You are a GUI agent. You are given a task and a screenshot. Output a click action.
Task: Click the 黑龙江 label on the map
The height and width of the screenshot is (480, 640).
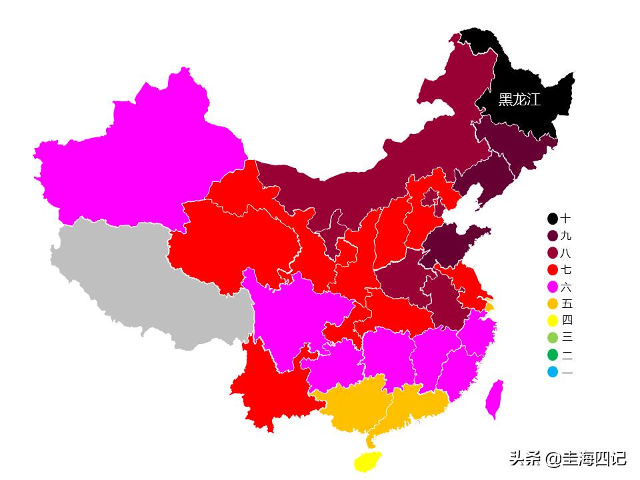(x=519, y=100)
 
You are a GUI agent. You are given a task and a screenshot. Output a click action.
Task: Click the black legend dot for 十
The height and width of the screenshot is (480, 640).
(x=553, y=219)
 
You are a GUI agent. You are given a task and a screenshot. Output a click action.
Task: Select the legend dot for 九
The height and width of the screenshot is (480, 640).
(x=553, y=236)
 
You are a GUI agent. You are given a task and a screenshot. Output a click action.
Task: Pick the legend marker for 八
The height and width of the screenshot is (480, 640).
(x=553, y=253)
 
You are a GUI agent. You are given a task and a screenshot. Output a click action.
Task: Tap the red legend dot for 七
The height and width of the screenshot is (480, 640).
(x=553, y=270)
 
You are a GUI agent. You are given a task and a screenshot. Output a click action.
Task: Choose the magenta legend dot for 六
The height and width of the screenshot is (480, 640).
(x=553, y=287)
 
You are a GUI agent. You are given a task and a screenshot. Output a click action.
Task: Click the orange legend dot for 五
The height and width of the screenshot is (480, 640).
(x=553, y=304)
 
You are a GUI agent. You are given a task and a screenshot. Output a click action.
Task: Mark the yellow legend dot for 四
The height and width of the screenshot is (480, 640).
(x=553, y=321)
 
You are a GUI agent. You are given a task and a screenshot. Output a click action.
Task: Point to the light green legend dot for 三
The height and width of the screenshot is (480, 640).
(x=553, y=338)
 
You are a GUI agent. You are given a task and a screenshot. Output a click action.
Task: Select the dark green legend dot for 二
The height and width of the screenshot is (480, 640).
(x=553, y=355)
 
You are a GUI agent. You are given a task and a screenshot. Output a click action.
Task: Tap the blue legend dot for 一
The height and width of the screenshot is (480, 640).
(x=553, y=372)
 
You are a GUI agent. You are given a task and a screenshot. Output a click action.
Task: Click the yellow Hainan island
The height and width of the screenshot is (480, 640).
(x=367, y=461)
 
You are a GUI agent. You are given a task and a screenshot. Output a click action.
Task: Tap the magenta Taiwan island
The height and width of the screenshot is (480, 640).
(x=494, y=399)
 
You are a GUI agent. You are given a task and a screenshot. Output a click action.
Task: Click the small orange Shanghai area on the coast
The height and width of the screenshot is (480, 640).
(x=490, y=307)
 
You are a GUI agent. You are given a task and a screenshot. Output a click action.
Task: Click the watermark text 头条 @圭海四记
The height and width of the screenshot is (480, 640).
(x=567, y=459)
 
